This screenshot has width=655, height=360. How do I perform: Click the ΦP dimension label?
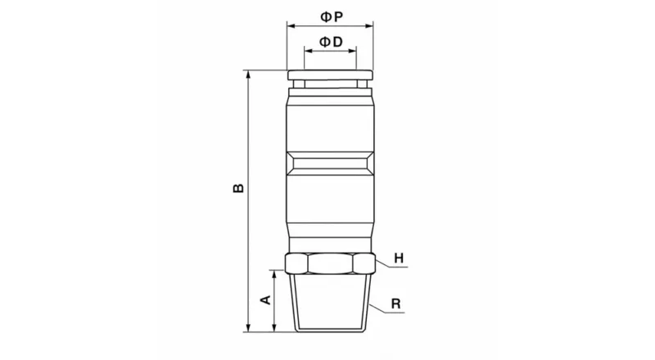click(330, 16)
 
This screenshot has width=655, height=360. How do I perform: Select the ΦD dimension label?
click(330, 40)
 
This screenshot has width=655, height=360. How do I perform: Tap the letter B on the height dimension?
click(237, 188)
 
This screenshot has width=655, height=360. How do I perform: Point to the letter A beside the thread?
click(264, 300)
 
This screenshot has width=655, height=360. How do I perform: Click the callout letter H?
click(399, 259)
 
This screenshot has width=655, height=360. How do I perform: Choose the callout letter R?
click(395, 304)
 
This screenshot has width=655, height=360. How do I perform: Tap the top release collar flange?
click(330, 75)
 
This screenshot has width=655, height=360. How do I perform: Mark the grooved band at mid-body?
click(330, 161)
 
